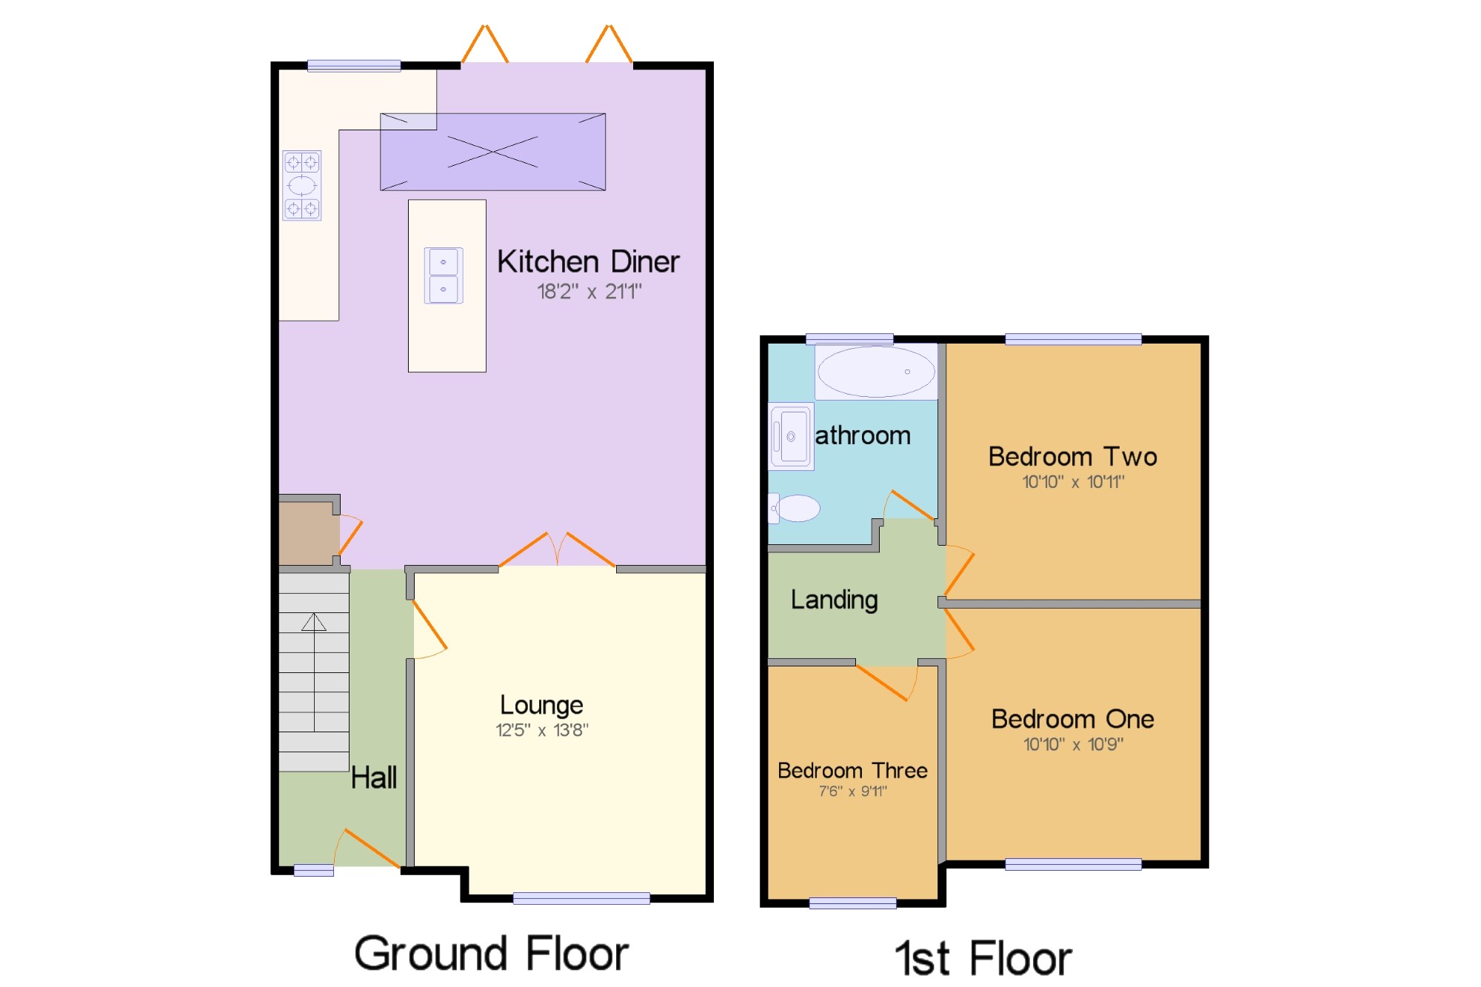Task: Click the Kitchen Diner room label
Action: coord(588,261)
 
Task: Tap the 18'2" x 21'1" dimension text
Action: coord(589,292)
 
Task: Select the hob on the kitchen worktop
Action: coord(302,185)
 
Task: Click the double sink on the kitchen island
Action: coord(444,275)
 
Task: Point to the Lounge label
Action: coord(541,706)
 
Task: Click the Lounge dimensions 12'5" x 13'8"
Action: coord(542,730)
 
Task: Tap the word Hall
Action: coord(374,777)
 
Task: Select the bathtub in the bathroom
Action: coord(876,372)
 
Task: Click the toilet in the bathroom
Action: coord(795,508)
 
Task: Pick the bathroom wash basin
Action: coord(792,437)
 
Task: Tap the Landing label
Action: coord(835,600)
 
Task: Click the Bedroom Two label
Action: coord(1073,456)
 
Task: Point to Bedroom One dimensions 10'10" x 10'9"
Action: coord(1074,744)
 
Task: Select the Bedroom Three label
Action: coord(852,771)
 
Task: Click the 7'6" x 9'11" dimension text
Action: coord(853,792)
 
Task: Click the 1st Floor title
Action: coord(983,958)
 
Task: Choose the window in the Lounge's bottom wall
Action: coord(581,898)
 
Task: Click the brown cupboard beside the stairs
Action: coord(309,533)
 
